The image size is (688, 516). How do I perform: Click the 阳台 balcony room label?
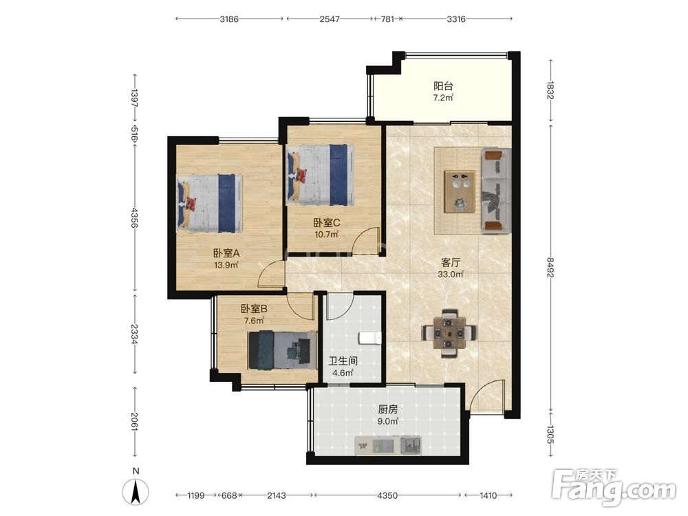pyautogui.click(x=442, y=86)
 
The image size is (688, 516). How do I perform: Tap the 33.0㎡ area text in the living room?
pyautogui.click(x=451, y=275)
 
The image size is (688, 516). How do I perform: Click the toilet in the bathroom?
pyautogui.click(x=370, y=338)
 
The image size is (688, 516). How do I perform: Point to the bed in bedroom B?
pyautogui.click(x=282, y=350)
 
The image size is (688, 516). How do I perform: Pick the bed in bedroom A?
pyautogui.click(x=210, y=203)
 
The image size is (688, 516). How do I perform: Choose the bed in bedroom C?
pyautogui.click(x=321, y=175)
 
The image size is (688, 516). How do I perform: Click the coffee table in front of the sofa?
pyautogui.click(x=460, y=191)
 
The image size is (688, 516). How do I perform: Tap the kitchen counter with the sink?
pyautogui.click(x=388, y=445)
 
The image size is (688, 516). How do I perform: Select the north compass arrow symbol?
pyautogui.click(x=136, y=491)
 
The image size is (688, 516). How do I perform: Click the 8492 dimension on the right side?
pyautogui.click(x=550, y=267)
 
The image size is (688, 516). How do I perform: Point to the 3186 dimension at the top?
pyautogui.click(x=229, y=19)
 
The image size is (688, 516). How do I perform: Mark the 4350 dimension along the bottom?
pyautogui.click(x=387, y=495)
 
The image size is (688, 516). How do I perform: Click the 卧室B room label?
pyautogui.click(x=254, y=309)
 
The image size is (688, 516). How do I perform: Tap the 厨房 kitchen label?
pyautogui.click(x=388, y=409)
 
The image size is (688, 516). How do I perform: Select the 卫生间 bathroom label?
pyautogui.click(x=343, y=361)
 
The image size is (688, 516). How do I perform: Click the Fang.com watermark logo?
pyautogui.click(x=614, y=488)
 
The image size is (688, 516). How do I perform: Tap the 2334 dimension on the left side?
pyautogui.click(x=135, y=334)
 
